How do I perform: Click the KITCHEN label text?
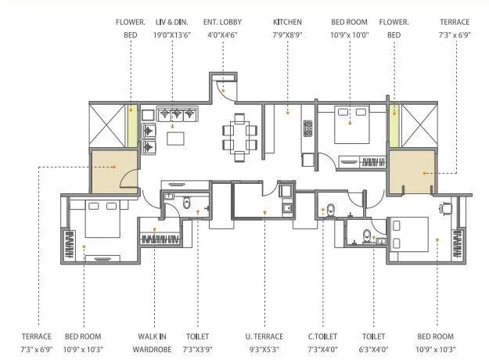click(x=287, y=22)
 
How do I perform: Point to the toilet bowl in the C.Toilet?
click(x=330, y=210)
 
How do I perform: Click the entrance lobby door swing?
click(x=227, y=88)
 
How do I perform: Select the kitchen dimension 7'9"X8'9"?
click(x=287, y=35)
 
